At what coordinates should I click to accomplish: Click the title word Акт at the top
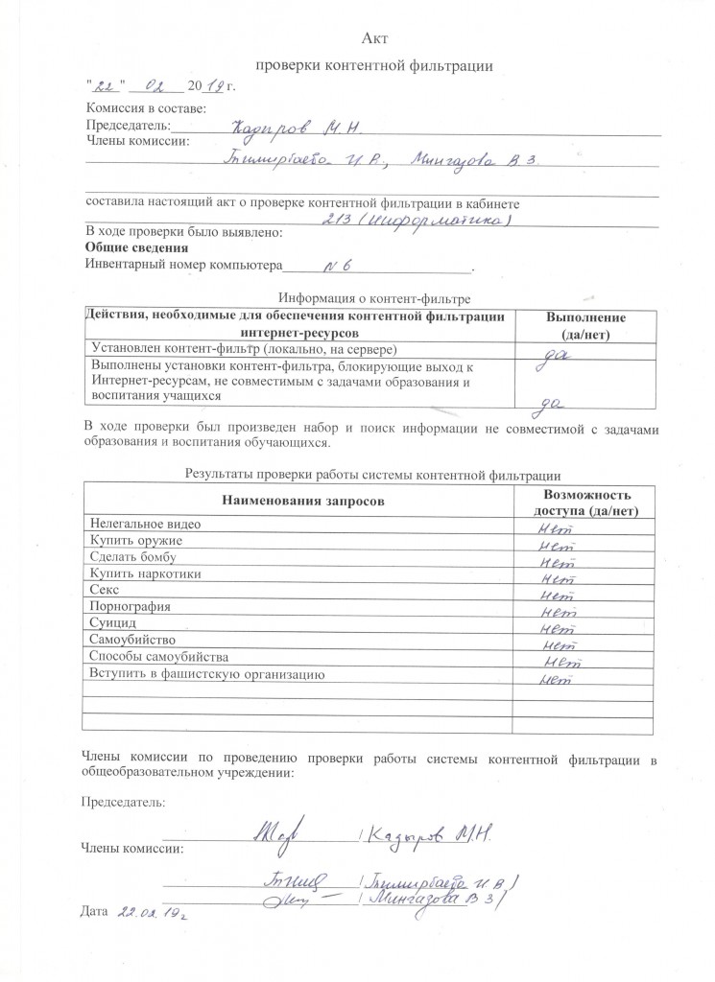point(373,36)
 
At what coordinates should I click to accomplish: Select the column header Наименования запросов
point(302,501)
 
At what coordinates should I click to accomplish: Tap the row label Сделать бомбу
point(136,557)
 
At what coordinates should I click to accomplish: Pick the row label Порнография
point(130,606)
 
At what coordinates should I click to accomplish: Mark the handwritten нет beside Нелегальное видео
point(556,526)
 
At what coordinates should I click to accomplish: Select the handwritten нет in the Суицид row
point(557,630)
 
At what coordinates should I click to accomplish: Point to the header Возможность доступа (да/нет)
point(585,503)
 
